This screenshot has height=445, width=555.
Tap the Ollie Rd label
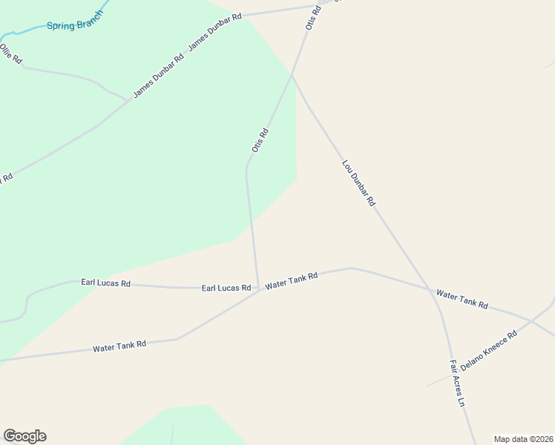(11, 53)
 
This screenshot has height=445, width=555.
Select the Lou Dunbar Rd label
(359, 182)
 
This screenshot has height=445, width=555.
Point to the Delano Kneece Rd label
(488, 351)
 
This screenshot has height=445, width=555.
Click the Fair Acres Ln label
(456, 383)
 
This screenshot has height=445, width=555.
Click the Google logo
(24, 436)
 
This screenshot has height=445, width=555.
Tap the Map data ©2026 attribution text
(523, 439)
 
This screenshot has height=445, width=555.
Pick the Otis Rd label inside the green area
(260, 140)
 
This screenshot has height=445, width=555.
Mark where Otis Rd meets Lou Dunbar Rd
(292, 75)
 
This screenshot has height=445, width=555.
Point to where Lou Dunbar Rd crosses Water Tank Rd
(430, 290)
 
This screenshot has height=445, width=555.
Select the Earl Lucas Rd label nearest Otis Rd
(226, 287)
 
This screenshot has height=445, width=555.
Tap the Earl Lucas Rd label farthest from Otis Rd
(105, 283)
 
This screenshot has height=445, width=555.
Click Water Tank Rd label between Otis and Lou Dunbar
(292, 280)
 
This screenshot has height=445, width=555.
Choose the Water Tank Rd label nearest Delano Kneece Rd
(462, 300)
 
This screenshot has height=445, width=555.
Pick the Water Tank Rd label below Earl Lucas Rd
(119, 346)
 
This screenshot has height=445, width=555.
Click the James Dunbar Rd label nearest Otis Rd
(215, 31)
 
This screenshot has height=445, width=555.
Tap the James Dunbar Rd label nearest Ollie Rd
(158, 76)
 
